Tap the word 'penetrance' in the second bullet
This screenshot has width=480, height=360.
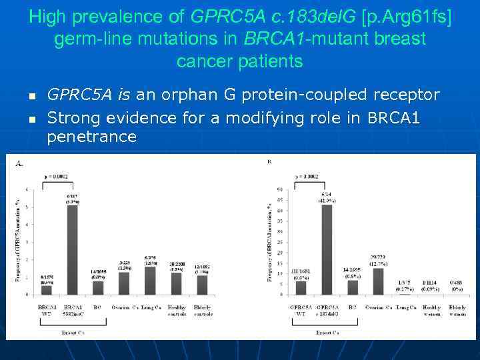92,137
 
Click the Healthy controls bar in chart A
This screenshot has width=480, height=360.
177,283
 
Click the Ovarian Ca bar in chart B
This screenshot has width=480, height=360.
378,281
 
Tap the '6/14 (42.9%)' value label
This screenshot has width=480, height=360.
326,195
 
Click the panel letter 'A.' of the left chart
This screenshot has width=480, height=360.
19,163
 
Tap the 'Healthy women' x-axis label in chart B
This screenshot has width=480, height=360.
431,311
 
